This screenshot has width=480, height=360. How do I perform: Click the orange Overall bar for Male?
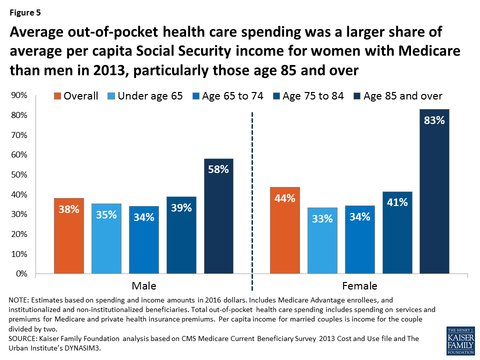click(68, 236)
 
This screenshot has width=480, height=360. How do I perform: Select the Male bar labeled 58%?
click(218, 216)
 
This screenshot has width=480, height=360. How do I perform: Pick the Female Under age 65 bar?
click(322, 240)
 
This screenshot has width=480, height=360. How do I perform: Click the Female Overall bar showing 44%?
click(284, 230)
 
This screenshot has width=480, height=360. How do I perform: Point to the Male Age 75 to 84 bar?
click(181, 235)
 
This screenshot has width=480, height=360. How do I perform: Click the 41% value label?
click(397, 203)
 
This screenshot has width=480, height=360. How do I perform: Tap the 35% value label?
click(106, 214)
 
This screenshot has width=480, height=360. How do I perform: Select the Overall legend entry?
click(75, 96)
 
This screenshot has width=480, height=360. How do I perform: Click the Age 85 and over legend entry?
click(397, 96)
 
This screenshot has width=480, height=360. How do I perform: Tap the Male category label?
click(143, 286)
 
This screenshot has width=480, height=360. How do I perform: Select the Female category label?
click(359, 286)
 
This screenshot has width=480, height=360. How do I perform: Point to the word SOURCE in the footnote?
click(23, 338)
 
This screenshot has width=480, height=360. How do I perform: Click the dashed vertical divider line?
click(251, 200)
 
